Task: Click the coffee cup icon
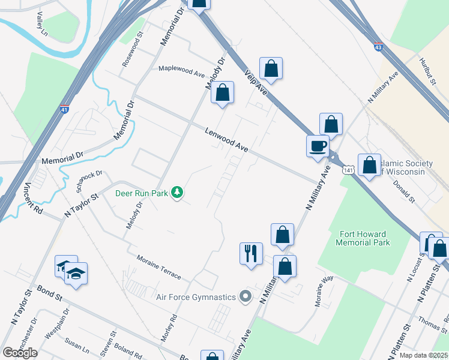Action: pos(317,145)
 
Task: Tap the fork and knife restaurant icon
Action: pos(251,253)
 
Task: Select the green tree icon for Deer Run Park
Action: pos(177,192)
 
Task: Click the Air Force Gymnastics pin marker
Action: pos(245,296)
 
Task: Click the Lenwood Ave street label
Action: pos(226,140)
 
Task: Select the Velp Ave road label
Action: pos(256,82)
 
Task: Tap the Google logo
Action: pos(20,353)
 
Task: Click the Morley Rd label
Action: pos(168,327)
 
